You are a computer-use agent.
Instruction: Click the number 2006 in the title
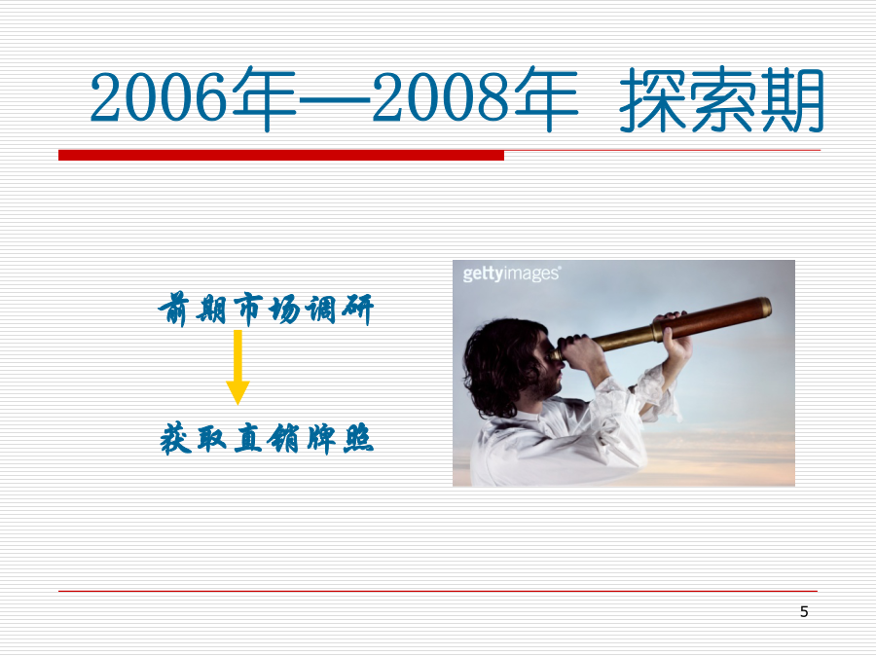tap(159, 97)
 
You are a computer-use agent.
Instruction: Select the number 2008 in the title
tap(441, 97)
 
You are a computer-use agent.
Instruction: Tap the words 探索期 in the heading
tap(722, 99)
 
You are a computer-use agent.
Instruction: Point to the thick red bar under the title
tap(281, 156)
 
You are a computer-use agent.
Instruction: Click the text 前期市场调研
tap(266, 309)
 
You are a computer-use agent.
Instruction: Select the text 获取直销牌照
tap(267, 439)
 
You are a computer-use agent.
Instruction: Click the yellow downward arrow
tap(237, 367)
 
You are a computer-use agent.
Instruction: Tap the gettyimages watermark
tap(512, 274)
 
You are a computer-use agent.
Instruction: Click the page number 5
tap(804, 612)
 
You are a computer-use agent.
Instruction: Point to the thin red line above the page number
tap(438, 591)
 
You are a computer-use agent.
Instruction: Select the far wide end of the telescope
tap(765, 308)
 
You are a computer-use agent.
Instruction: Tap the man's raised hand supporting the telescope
tap(674, 335)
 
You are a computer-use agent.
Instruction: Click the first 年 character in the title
tap(264, 99)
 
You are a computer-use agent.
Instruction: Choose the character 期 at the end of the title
tap(790, 99)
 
